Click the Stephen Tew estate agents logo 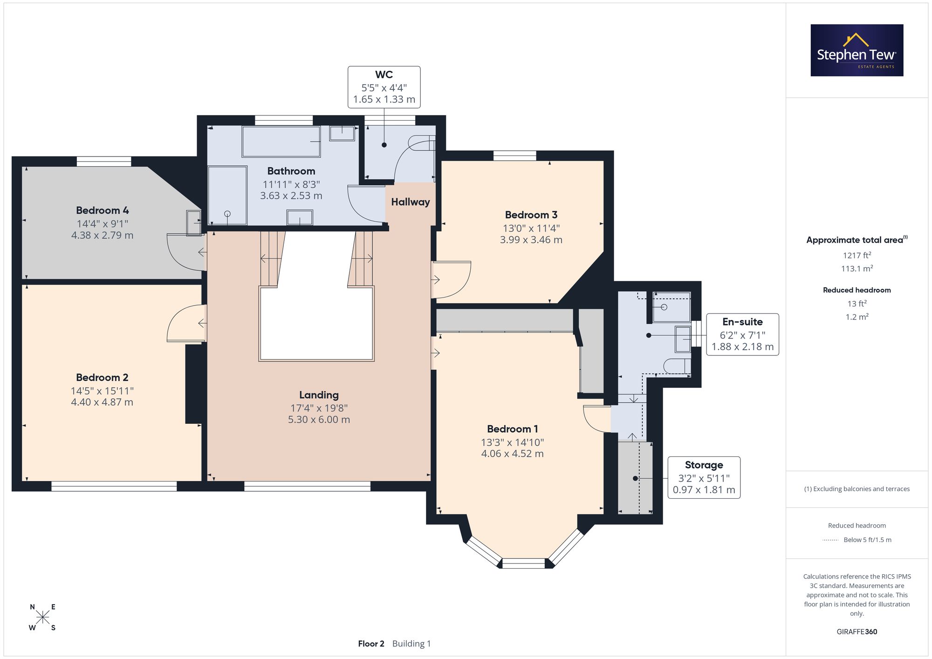pos(857,50)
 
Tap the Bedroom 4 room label pos(103,211)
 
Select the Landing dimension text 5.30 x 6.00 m pos(319,420)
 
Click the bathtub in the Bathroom pos(281,142)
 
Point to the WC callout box pos(384,87)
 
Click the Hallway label pos(411,202)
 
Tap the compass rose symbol pos(42,618)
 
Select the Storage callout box pos(704,477)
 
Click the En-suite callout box pos(742,334)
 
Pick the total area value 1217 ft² pos(857,255)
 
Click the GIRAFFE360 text pos(857,632)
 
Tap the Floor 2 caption pos(371,644)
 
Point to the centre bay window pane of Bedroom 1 pos(524,564)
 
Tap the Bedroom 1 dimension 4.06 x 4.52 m pos(512,454)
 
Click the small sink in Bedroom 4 pos(193,223)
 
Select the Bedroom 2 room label pos(102,378)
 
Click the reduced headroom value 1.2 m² pos(857,317)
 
